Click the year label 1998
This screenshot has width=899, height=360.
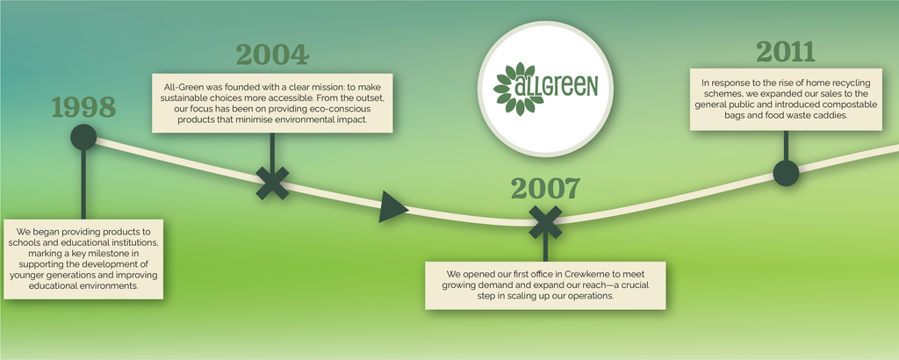(x=83, y=108)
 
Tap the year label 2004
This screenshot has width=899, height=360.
(x=272, y=55)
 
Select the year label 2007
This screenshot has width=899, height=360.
(x=545, y=189)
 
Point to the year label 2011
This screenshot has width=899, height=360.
(x=786, y=52)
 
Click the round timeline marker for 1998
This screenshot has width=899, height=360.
(x=83, y=137)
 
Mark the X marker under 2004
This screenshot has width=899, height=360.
(x=272, y=184)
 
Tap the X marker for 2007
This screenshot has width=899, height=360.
(x=545, y=222)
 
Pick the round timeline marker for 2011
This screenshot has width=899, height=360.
(x=786, y=173)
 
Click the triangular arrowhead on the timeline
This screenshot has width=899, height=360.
(x=392, y=207)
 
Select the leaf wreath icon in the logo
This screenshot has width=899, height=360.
(x=519, y=89)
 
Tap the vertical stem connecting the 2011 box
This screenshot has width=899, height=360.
(x=786, y=146)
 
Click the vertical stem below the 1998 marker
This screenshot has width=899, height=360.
(x=83, y=184)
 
